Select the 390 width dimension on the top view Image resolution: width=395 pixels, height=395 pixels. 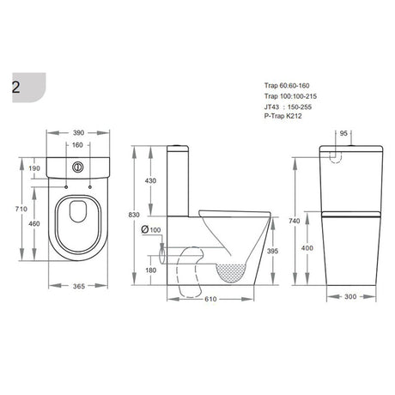[x=78, y=134]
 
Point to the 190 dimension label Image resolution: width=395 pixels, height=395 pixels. [x=34, y=169]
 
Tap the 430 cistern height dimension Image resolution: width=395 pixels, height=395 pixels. [x=151, y=181]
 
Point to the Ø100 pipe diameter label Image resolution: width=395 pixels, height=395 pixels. [x=154, y=228]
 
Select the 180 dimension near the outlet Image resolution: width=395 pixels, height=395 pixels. [x=151, y=271]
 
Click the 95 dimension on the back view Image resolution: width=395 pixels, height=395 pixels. [x=345, y=133]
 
